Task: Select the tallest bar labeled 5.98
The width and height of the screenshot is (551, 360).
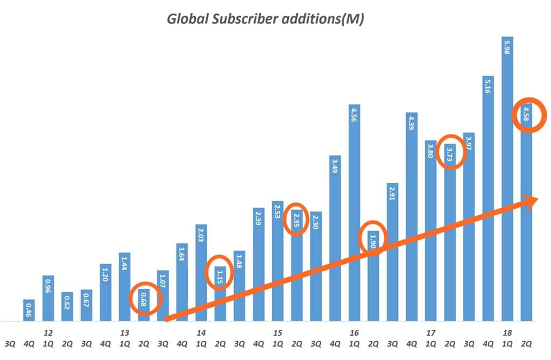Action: (x=507, y=178)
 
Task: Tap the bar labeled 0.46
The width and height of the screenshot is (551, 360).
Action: (x=29, y=310)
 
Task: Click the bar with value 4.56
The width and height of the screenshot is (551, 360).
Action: (x=354, y=213)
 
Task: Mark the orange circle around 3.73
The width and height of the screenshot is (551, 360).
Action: (x=451, y=152)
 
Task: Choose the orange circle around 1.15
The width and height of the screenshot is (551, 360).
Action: (x=220, y=273)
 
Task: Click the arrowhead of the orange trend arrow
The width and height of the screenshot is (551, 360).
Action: (x=533, y=201)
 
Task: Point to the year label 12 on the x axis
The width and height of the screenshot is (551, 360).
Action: (x=48, y=333)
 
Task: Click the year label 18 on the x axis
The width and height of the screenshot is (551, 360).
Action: (x=507, y=333)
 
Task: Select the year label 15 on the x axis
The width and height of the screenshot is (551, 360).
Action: (x=278, y=333)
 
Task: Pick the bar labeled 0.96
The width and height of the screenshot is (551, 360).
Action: (x=48, y=298)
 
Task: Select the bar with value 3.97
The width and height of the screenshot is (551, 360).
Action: (x=469, y=226)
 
